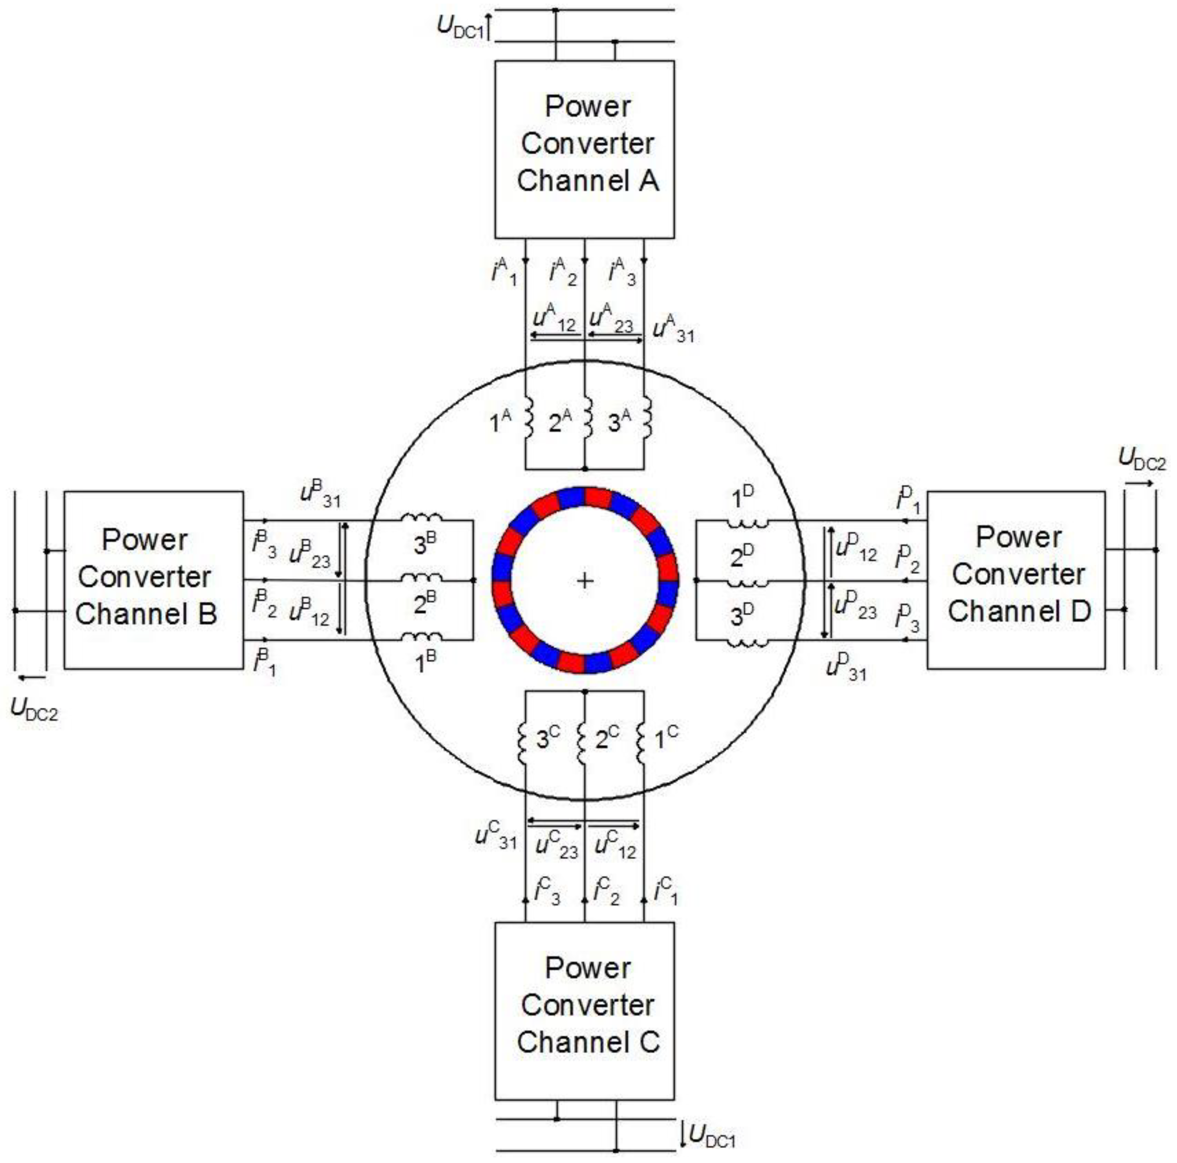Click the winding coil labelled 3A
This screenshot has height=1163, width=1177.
647,418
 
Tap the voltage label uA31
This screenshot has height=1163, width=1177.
672,331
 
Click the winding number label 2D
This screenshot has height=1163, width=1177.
741,555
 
